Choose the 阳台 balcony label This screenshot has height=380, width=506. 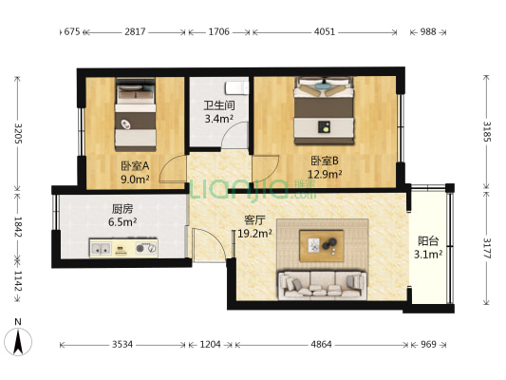pos(428,240)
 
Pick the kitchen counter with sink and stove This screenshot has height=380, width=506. pos(123,249)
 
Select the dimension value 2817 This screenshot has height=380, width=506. pos(136,31)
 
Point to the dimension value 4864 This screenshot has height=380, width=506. pos(321,345)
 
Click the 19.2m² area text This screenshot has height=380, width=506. pos(254,232)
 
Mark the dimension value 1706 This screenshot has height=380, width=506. pos(218,31)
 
